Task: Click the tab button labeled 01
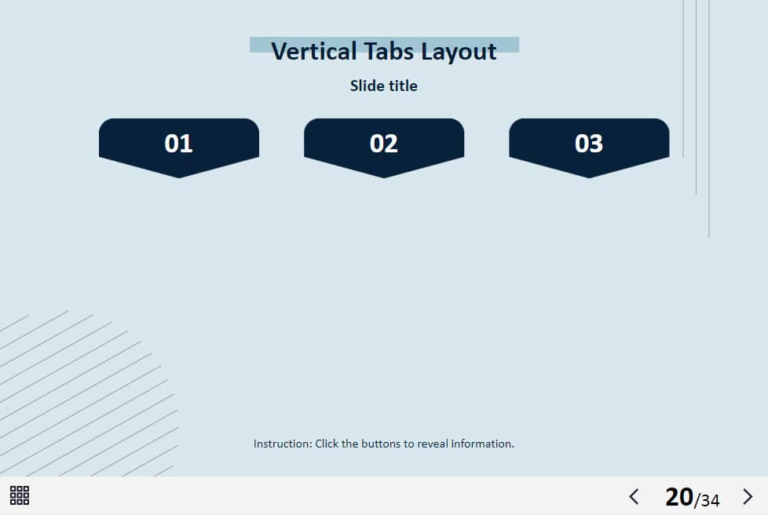coord(179,147)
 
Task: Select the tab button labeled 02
coord(384,147)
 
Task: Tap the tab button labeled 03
coord(589,147)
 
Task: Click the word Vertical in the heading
coord(314,51)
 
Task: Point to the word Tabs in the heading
coord(389,51)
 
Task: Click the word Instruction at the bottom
coord(283,444)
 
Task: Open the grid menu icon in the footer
coord(20,495)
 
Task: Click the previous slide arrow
coord(634,496)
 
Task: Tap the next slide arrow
coord(748,496)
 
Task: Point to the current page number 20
coord(678,497)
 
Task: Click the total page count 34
coord(710,500)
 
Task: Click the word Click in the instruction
coord(327,444)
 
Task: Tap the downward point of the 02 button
coord(384,177)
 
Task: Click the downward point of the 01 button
coord(179,177)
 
